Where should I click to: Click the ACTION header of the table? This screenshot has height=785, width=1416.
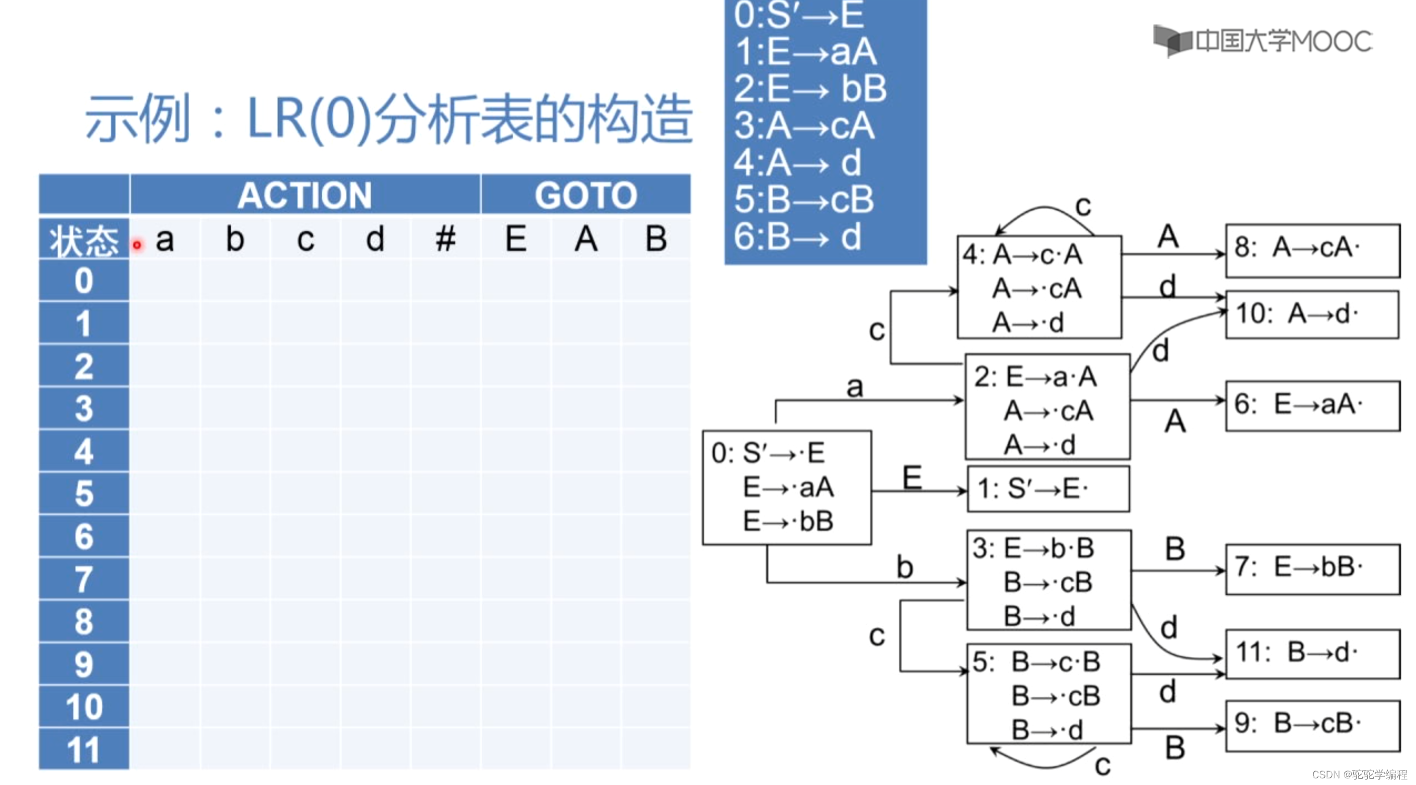click(304, 195)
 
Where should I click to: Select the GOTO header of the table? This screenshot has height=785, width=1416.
click(585, 195)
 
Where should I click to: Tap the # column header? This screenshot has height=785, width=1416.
click(445, 240)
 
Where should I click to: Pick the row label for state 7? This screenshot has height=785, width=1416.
click(84, 579)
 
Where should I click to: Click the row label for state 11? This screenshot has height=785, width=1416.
click(84, 749)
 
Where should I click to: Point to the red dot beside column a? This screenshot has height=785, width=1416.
click(137, 244)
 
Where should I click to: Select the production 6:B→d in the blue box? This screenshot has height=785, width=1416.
click(797, 237)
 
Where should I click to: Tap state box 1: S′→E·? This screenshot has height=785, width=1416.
click(1048, 489)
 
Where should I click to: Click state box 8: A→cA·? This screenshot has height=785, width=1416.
click(1312, 250)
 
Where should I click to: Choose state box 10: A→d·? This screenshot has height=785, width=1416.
click(1312, 315)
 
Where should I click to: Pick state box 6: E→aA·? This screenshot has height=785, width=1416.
click(1312, 406)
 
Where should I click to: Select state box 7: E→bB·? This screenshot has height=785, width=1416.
click(1312, 569)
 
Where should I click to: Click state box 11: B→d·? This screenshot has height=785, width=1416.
click(1312, 654)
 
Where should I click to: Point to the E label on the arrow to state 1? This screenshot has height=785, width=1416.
click(912, 477)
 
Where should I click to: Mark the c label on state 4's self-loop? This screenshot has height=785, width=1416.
click(1083, 206)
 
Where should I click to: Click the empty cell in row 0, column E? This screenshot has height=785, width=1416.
click(515, 281)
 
